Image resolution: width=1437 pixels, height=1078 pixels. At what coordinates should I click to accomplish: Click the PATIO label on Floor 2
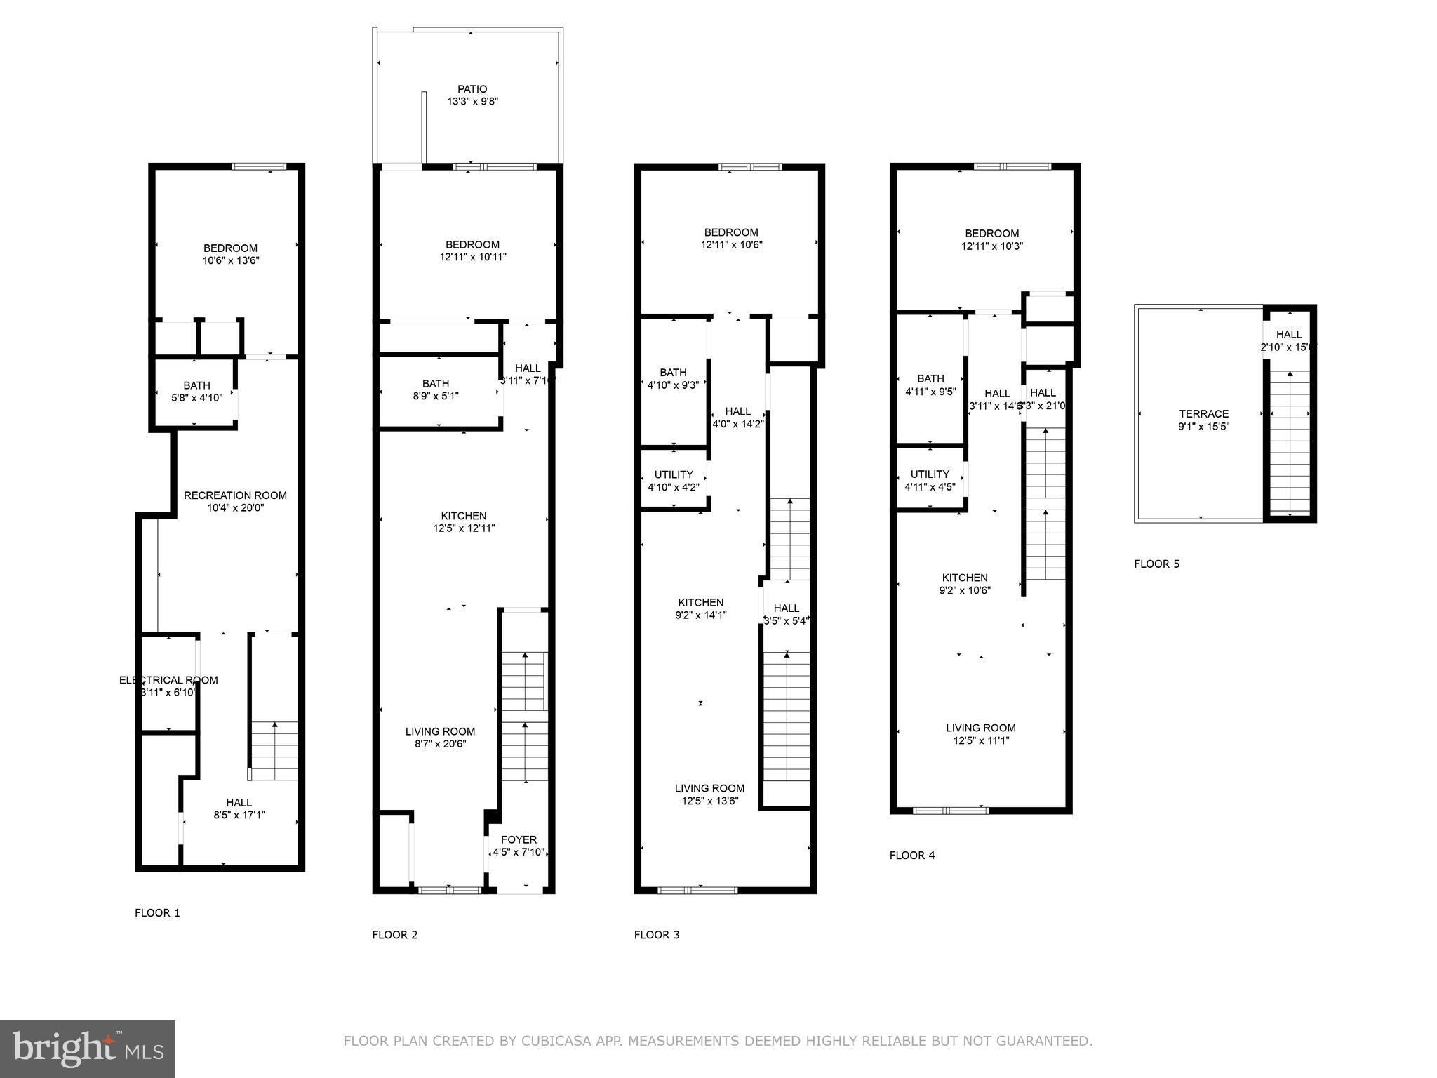click(x=472, y=89)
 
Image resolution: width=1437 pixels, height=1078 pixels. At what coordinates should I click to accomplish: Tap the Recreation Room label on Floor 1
click(x=235, y=495)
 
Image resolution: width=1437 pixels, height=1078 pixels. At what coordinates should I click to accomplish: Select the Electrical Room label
click(x=168, y=680)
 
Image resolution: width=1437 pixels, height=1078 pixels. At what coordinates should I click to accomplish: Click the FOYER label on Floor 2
click(x=519, y=840)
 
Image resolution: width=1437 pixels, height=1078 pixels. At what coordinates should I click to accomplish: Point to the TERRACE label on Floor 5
click(x=1203, y=414)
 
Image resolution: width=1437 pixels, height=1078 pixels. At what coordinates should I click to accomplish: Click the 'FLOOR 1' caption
click(x=157, y=913)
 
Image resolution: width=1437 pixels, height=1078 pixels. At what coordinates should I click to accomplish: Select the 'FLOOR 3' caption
click(x=657, y=935)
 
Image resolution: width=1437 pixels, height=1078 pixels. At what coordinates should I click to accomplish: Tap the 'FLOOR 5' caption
click(x=1157, y=564)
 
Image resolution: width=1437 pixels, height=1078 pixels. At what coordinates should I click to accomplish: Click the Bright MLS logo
click(x=88, y=1049)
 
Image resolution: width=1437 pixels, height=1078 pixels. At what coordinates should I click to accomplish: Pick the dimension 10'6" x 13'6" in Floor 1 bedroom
click(x=231, y=260)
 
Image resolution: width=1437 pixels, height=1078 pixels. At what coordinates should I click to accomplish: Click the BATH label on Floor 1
click(x=196, y=385)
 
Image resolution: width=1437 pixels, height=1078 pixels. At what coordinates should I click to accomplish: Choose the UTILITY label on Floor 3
click(x=674, y=474)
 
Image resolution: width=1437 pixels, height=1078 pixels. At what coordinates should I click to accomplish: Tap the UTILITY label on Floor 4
click(x=930, y=474)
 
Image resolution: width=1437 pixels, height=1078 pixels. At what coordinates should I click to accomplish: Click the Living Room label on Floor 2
click(x=440, y=731)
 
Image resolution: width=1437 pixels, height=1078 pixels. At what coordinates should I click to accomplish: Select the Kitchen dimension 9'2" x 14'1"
click(x=701, y=615)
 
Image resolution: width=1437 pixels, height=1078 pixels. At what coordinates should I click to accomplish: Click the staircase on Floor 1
click(x=274, y=751)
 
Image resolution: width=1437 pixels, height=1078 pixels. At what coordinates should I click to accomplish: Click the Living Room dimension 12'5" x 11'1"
click(x=980, y=740)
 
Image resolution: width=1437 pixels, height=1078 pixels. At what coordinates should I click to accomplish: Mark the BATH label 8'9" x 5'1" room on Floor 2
click(x=436, y=384)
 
